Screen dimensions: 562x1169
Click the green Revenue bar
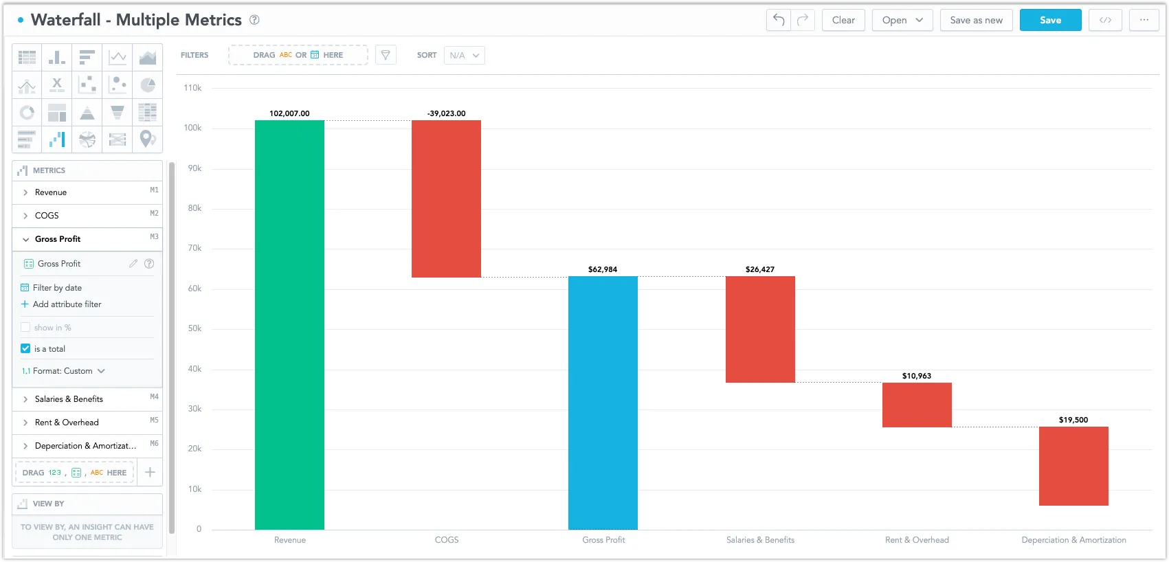point(289,324)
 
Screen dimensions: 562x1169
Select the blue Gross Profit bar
point(603,403)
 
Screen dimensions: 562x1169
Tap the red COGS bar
point(446,199)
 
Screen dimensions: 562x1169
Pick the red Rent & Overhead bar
point(917,405)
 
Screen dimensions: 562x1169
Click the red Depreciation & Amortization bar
point(1073,466)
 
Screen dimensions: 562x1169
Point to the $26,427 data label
point(759,269)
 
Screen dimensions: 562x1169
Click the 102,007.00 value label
point(289,113)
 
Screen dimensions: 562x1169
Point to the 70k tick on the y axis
point(194,248)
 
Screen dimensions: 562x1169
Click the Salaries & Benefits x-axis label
point(760,540)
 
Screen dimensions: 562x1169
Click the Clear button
point(843,20)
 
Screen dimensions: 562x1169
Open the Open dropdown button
point(902,20)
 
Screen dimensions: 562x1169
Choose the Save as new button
point(976,20)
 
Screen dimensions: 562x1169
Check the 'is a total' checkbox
point(25,348)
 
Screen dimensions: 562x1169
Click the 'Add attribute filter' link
point(67,304)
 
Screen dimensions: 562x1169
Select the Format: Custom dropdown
point(64,371)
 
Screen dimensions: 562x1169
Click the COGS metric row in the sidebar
point(87,216)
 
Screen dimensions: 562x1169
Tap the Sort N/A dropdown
point(465,55)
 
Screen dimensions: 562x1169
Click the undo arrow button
point(779,20)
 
